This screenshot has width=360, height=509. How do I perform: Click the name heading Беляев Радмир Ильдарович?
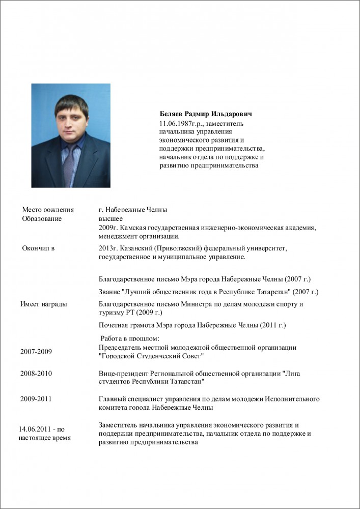pos(206,114)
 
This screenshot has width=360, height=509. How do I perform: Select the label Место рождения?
pos(48,210)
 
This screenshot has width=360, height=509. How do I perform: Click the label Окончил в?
pos(38,248)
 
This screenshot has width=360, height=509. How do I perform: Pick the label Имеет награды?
pos(44,304)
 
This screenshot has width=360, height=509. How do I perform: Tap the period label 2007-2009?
pos(36,352)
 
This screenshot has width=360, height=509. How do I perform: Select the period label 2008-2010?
pos(36,374)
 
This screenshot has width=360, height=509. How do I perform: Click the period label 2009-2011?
pos(36,399)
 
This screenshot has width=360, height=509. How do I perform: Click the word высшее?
pos(110,218)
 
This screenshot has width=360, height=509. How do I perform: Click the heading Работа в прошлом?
pos(130,338)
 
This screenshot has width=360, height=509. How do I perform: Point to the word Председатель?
pos(122,348)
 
